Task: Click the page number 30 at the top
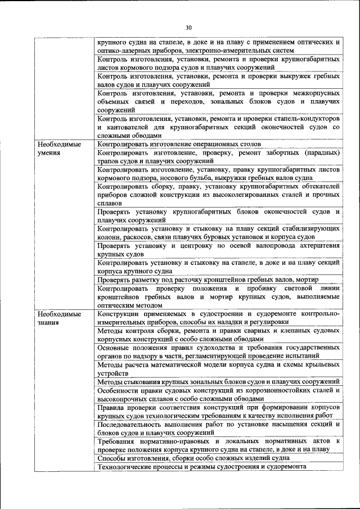pos(188,27)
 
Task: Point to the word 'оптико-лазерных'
pos(124,50)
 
